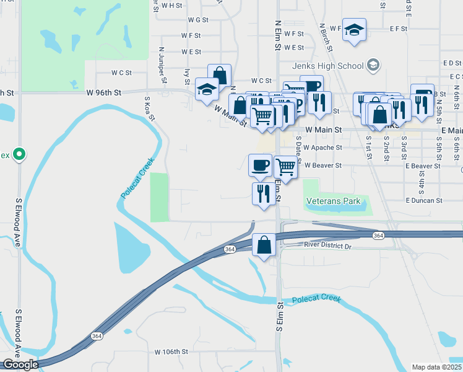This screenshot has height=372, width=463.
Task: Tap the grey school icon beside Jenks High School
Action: (x=373, y=65)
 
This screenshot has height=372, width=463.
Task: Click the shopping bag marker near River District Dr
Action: (x=264, y=244)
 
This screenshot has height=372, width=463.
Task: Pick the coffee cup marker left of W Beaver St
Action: (x=260, y=164)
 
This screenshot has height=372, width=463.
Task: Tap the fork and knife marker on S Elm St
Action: (x=264, y=193)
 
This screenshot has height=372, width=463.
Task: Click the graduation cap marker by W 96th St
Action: (x=207, y=89)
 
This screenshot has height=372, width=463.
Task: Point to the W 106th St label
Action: (x=171, y=352)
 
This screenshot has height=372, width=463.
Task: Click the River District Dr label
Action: (x=327, y=246)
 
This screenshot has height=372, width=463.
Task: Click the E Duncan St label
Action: (x=424, y=200)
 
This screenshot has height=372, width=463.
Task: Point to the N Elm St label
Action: (x=278, y=34)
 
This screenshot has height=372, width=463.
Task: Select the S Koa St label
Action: (x=148, y=109)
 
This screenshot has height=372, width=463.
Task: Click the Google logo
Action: (x=20, y=365)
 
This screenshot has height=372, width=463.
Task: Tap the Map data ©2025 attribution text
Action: (x=436, y=367)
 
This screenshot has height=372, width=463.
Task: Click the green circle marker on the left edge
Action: (x=19, y=154)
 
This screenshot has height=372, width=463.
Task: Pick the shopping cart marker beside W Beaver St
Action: (x=285, y=166)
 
